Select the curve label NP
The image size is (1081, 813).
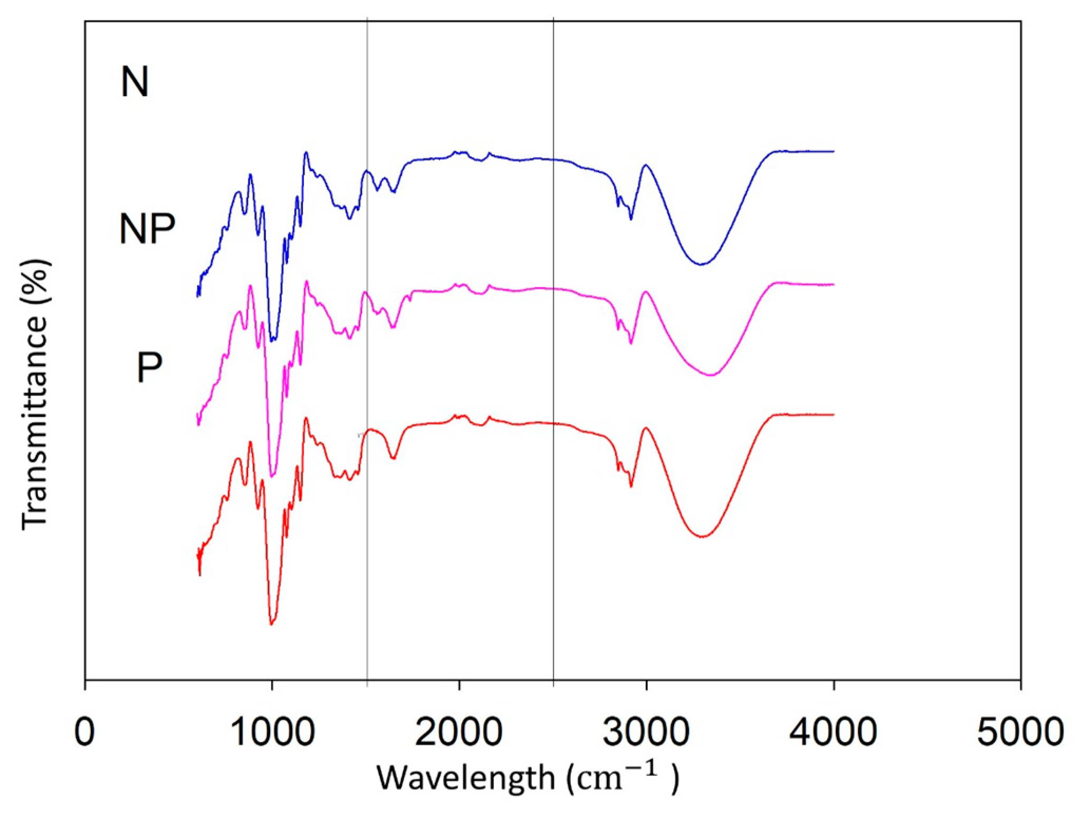click(147, 229)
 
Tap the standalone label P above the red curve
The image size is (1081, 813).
click(149, 368)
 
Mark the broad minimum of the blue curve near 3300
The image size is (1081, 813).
click(701, 264)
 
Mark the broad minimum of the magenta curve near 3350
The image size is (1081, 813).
click(712, 375)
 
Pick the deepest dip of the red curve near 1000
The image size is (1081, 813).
click(271, 624)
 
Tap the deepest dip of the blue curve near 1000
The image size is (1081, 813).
click(272, 340)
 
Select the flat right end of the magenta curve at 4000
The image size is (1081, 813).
click(833, 284)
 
